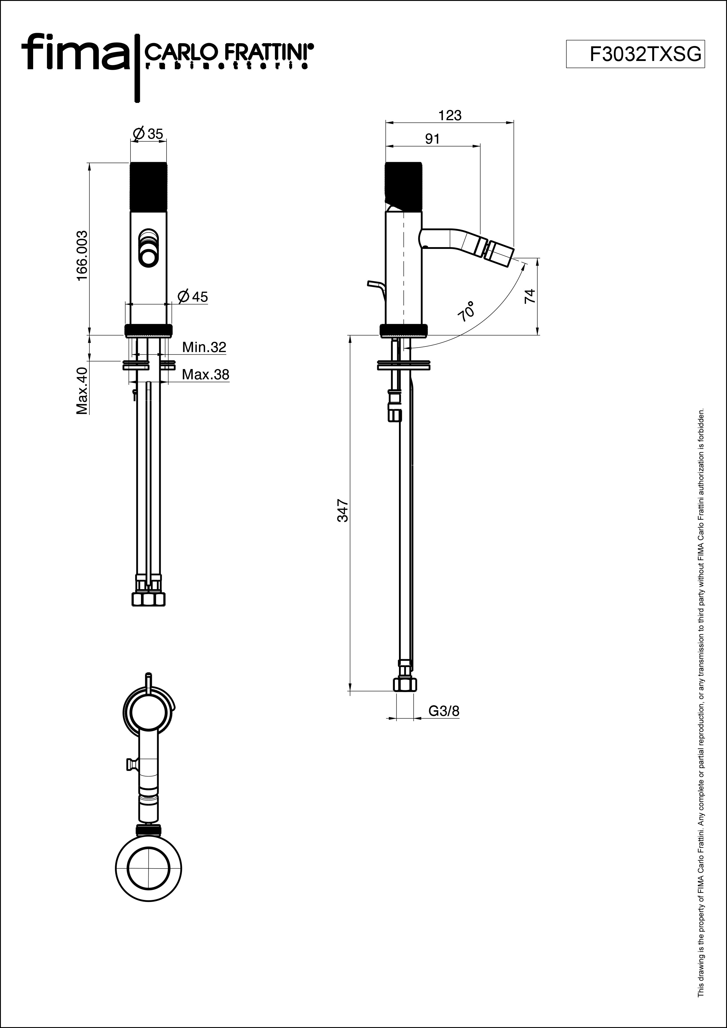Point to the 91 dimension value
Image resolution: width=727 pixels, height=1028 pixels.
(432, 139)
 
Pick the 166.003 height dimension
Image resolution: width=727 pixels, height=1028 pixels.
(81, 256)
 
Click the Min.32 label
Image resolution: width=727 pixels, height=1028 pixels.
(204, 347)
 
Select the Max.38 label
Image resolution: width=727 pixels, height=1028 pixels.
(205, 374)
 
